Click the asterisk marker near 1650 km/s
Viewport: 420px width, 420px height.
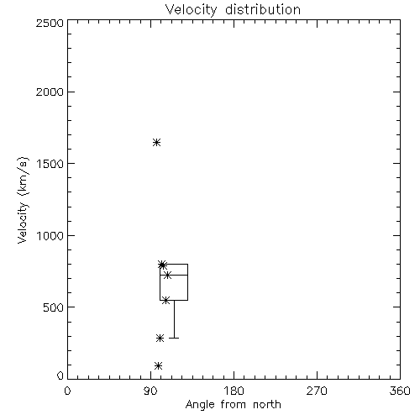[x=156, y=143]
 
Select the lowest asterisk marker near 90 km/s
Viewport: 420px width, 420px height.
[x=158, y=365]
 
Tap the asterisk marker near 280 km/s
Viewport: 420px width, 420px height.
[x=160, y=339]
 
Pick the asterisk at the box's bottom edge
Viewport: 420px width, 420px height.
[x=165, y=301]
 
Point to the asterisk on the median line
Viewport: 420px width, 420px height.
[x=167, y=276]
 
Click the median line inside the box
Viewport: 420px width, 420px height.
[x=174, y=276]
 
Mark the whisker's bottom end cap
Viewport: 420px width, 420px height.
[x=174, y=339]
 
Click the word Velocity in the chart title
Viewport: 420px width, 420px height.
[x=192, y=10]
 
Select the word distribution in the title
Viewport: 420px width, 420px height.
[x=263, y=9]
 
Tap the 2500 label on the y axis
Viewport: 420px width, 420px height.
[x=50, y=23]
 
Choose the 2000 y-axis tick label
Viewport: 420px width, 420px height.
[x=50, y=92]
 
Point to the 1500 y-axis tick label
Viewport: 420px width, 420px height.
[x=50, y=164]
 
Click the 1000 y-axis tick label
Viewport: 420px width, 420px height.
[x=50, y=236]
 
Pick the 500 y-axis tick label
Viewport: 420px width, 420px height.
[x=54, y=307]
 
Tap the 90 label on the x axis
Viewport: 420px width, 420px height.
[x=150, y=391]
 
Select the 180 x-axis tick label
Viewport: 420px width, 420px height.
[x=233, y=391]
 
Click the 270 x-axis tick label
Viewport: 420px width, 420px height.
[x=317, y=391]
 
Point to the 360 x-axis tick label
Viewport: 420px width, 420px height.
[x=400, y=391]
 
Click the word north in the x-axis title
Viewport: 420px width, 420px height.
[x=267, y=405]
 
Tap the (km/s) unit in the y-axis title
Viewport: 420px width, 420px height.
[x=23, y=176]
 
